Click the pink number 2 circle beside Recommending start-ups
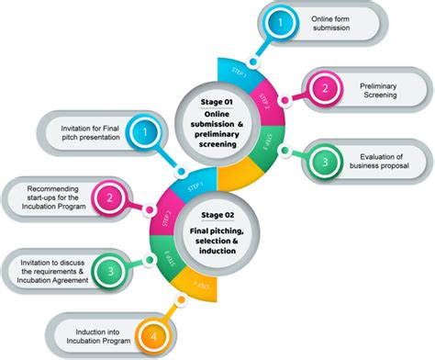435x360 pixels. [x=109, y=197]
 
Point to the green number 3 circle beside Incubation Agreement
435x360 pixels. [x=109, y=270]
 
